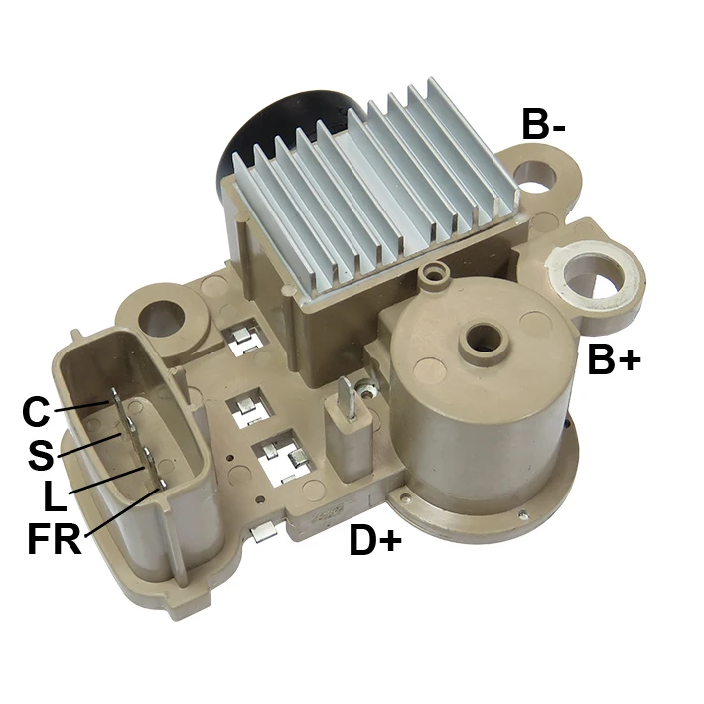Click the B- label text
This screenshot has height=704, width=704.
coord(544,125)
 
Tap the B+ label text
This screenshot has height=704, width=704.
coord(615,359)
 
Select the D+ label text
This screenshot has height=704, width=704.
coord(374,541)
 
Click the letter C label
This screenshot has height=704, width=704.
coord(36,410)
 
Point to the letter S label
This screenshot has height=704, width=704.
coord(41,455)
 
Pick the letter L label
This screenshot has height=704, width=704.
coord(55,496)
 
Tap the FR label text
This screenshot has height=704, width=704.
coord(54,542)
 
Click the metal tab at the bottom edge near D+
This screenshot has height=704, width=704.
coord(260,533)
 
